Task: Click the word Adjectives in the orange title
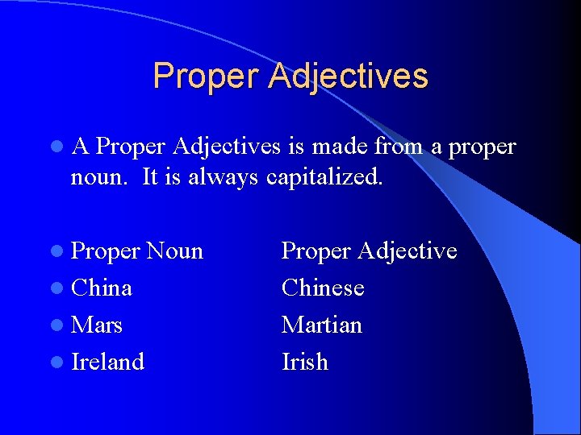[349, 77]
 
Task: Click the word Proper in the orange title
[207, 77]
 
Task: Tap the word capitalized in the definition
[324, 177]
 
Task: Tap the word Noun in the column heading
[175, 251]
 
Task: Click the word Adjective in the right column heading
[408, 251]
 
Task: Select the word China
[102, 288]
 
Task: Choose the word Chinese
[323, 288]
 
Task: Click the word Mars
[97, 325]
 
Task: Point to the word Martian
[322, 325]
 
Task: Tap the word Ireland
[108, 362]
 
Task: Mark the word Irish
[305, 362]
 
